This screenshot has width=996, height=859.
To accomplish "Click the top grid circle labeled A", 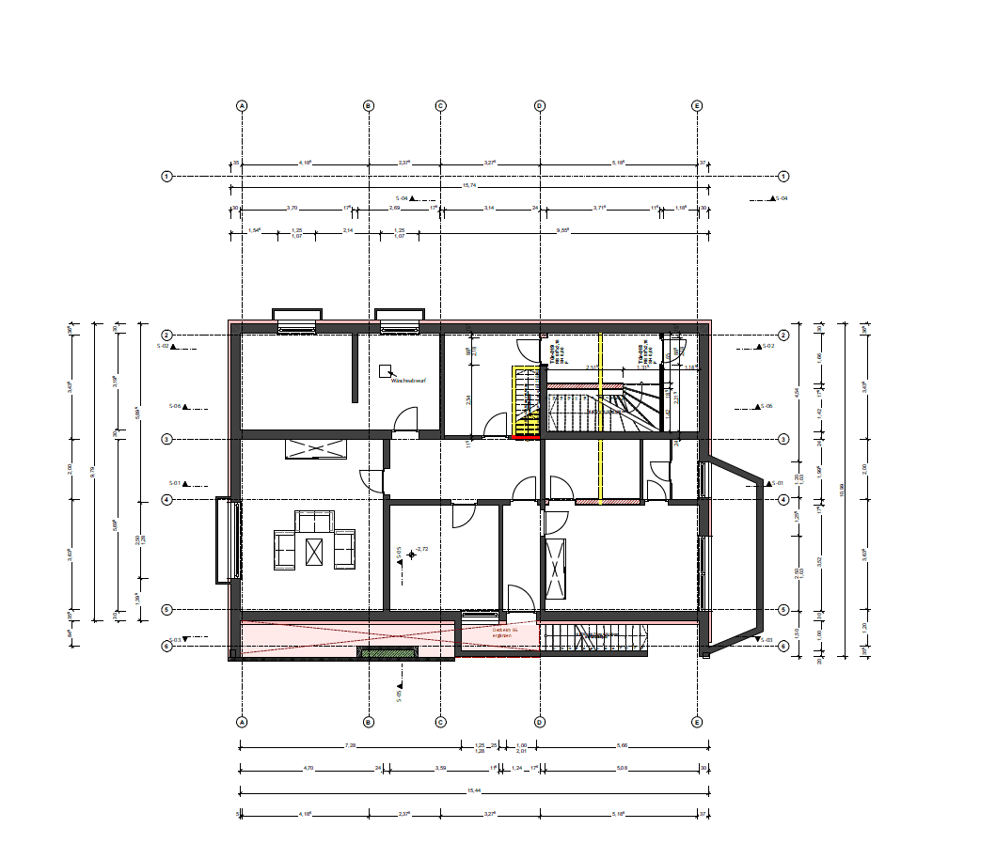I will click(x=242, y=106).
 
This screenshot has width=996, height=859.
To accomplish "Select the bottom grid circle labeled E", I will click(x=697, y=722).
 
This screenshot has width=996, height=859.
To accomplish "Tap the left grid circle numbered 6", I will click(x=166, y=647).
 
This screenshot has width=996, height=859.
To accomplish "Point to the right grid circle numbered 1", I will click(x=783, y=176).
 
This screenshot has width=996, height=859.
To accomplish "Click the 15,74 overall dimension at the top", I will click(x=468, y=186).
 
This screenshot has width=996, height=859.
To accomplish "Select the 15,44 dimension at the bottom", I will click(x=468, y=790).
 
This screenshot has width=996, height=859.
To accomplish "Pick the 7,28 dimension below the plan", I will click(x=350, y=745).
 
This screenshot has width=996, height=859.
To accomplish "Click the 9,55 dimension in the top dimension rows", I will click(x=562, y=230).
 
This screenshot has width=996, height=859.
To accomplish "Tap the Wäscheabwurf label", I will click(x=405, y=383).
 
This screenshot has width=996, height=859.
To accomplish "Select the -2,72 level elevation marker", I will click(x=420, y=548).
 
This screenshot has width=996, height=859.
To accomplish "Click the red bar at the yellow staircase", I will click(x=524, y=437).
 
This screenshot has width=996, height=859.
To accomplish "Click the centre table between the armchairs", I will click(x=314, y=550).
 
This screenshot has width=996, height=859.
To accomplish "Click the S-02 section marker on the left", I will click(x=166, y=347).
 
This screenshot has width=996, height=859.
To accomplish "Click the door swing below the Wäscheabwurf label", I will click(x=405, y=419).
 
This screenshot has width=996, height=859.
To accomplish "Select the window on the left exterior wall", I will click(x=225, y=540).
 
